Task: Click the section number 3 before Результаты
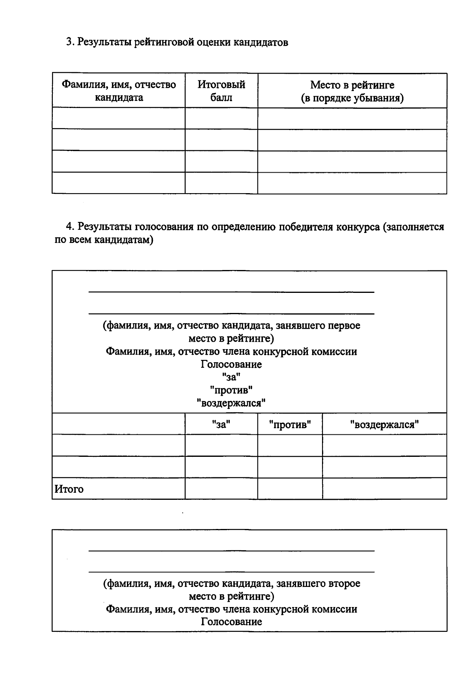(x=68, y=42)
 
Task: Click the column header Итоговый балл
(x=221, y=91)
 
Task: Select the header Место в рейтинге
(x=352, y=85)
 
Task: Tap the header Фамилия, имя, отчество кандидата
(x=119, y=91)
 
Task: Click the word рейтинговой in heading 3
(x=163, y=42)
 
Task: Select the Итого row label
(x=69, y=489)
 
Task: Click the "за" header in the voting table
(x=221, y=425)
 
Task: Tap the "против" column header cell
(x=290, y=425)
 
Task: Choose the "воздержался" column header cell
(x=384, y=425)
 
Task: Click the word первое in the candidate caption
(x=344, y=326)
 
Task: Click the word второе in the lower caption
(x=345, y=583)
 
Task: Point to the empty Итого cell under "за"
(x=221, y=489)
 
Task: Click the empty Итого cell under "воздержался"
(x=384, y=489)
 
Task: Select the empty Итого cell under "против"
(x=290, y=489)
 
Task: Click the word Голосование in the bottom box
(x=231, y=622)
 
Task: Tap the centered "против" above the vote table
(x=231, y=390)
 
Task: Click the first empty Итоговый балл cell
(x=221, y=118)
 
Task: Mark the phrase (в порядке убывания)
(x=352, y=98)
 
